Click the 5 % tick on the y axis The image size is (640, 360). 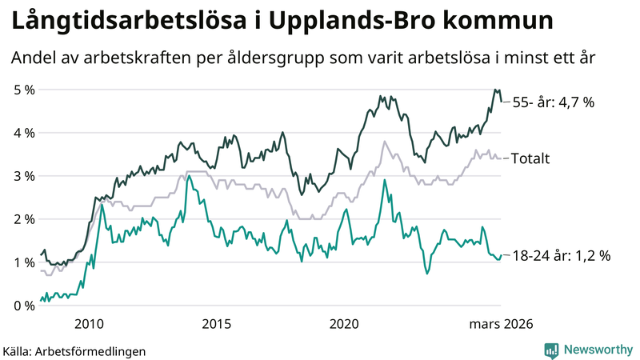(x=23, y=90)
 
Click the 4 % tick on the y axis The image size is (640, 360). (x=23, y=133)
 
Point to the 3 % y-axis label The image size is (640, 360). (x=23, y=176)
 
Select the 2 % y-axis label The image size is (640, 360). (x=23, y=219)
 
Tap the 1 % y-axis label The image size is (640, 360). (x=23, y=262)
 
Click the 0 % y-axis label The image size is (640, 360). (x=23, y=306)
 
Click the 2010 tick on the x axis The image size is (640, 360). (x=89, y=323)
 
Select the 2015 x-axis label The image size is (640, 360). (x=216, y=323)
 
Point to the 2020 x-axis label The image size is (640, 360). (x=344, y=323)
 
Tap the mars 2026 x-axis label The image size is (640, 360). (x=501, y=323)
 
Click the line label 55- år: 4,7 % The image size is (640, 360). (x=554, y=102)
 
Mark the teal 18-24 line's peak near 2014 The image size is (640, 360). (x=188, y=177)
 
